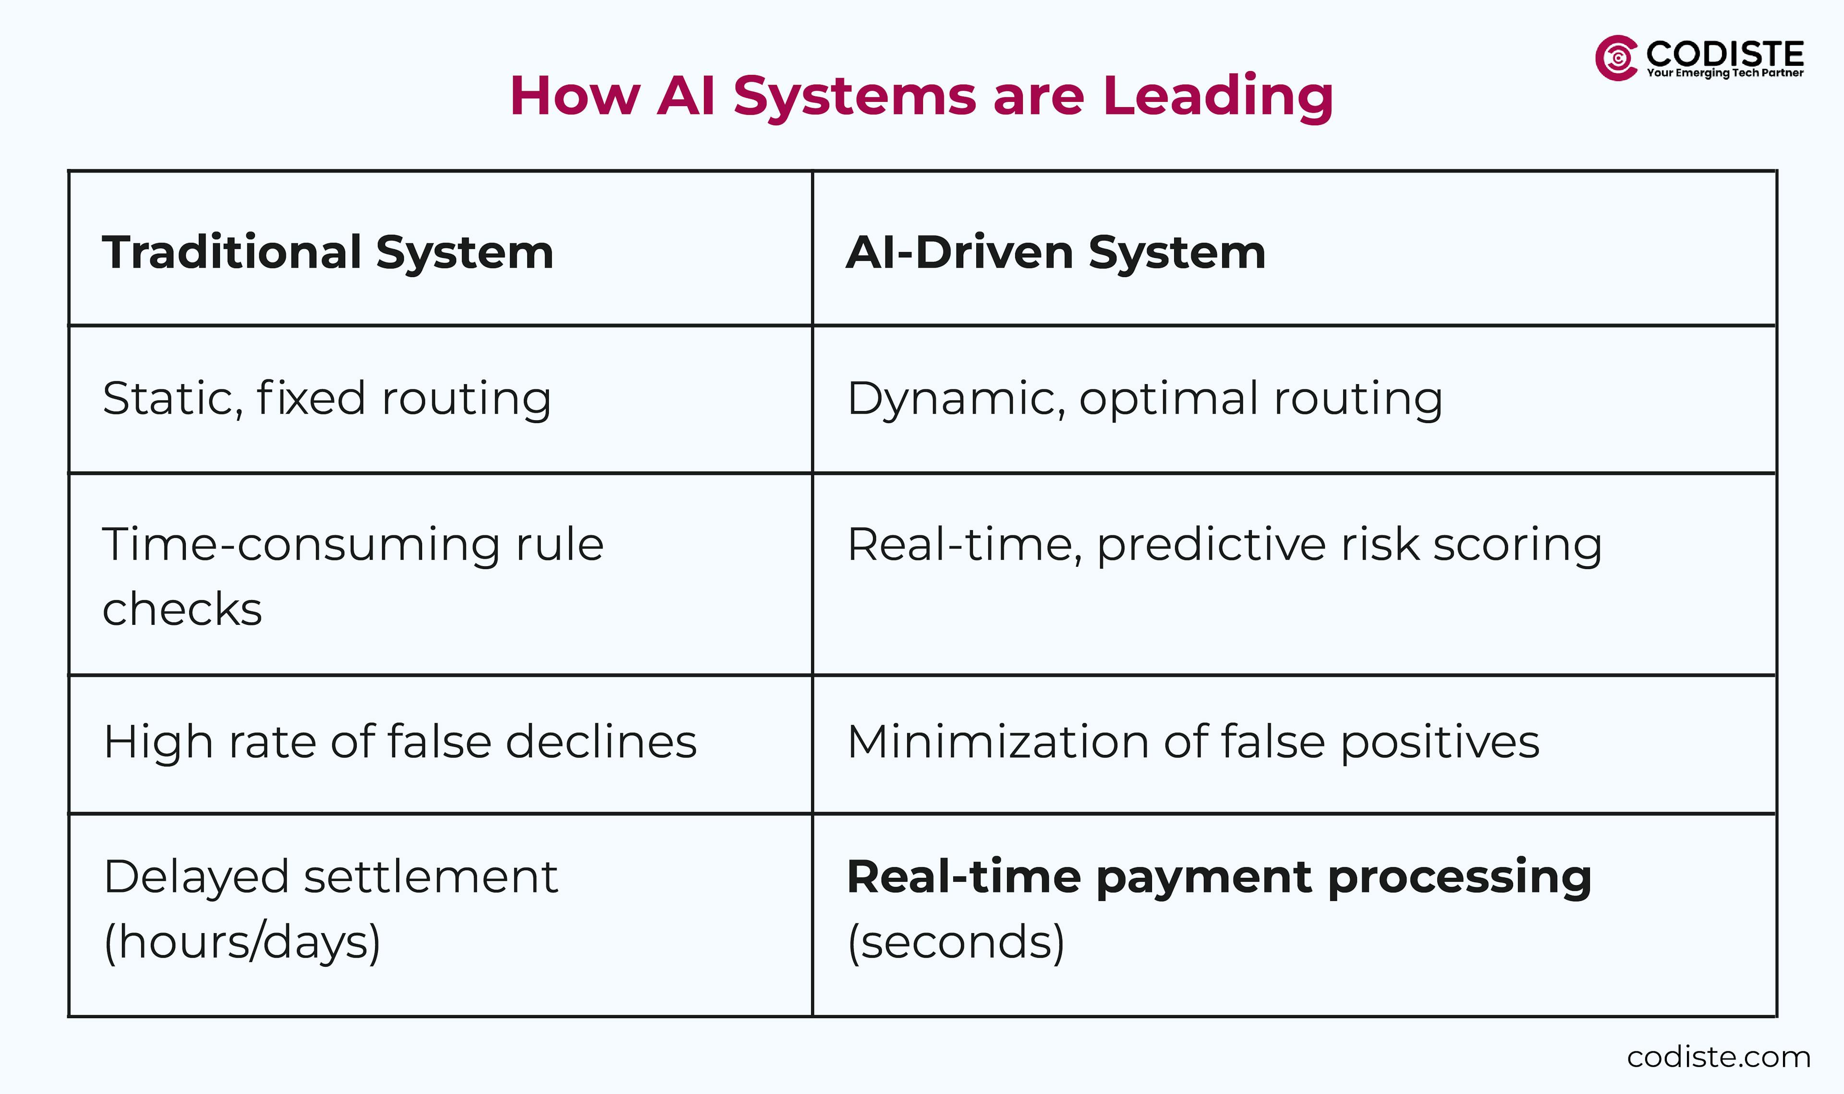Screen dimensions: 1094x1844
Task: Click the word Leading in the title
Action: (1217, 97)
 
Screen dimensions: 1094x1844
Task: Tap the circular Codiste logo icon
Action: (1616, 58)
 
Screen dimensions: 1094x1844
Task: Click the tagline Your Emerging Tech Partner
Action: (1724, 73)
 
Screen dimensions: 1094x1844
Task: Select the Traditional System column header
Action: (328, 252)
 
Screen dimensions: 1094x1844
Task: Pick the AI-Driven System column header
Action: (1055, 252)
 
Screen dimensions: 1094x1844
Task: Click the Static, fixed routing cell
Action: (327, 399)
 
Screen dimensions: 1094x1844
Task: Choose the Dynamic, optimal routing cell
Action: (1145, 399)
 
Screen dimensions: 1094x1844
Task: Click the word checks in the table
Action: (182, 609)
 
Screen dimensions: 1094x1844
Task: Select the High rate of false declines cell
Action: (400, 741)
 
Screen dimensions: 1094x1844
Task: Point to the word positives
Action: (1439, 741)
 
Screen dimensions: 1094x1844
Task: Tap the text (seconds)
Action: (956, 942)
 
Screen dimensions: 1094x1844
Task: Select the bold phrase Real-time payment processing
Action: (1219, 877)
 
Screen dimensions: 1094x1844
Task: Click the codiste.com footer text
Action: (1719, 1057)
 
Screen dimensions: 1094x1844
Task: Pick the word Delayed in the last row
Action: (195, 877)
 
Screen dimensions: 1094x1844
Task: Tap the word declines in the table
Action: (601, 741)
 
